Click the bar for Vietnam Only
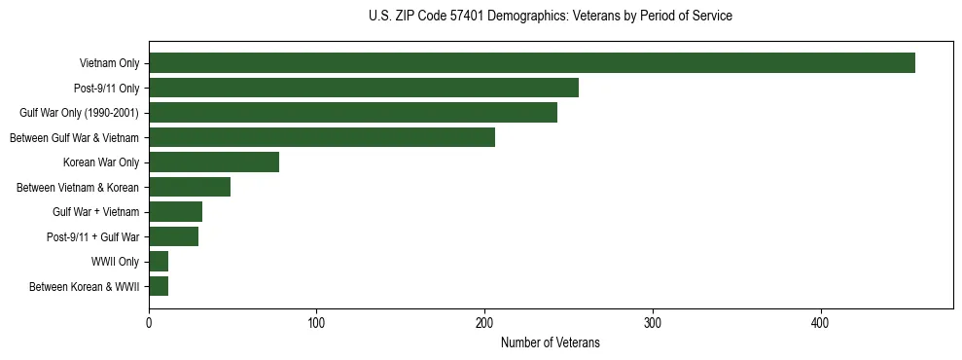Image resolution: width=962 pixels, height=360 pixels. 531,63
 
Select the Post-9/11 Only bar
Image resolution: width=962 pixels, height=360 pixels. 364,88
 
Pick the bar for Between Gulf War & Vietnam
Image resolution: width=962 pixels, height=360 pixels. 322,137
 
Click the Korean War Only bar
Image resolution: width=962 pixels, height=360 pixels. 214,162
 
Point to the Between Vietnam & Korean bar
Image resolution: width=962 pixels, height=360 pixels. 190,187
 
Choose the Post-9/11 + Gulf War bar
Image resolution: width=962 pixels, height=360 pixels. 173,236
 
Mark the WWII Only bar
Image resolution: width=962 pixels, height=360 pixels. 159,261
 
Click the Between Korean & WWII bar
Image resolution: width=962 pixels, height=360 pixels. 159,286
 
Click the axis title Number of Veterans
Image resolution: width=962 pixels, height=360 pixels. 550,343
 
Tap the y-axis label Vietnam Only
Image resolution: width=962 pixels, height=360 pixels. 109,64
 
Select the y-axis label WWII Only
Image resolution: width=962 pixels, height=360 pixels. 115,262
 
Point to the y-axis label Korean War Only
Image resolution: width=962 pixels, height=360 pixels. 101,162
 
